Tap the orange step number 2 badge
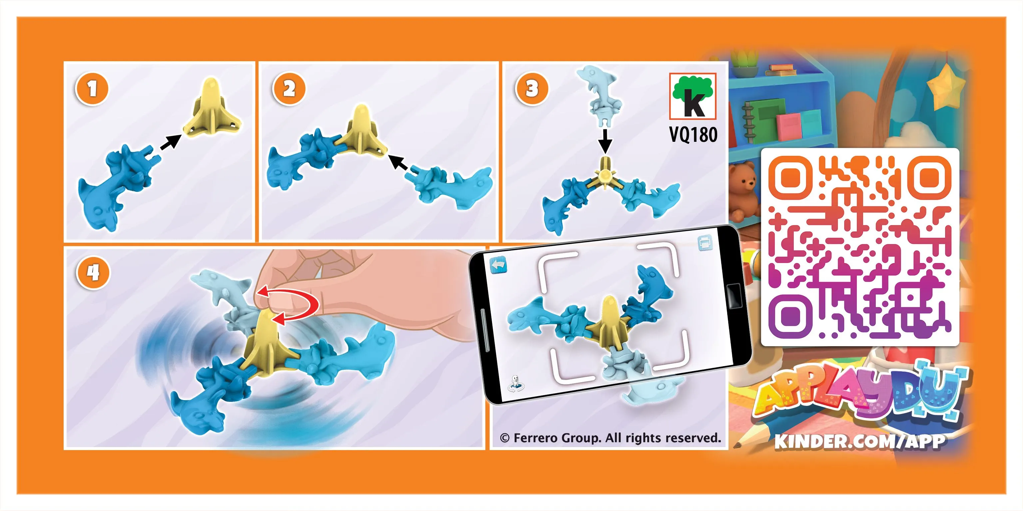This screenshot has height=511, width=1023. point(289,89)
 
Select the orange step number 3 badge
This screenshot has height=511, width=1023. point(532,89)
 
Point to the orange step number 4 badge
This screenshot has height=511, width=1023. point(93,273)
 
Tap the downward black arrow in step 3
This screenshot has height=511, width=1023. point(605,141)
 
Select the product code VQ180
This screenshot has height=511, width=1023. point(694,134)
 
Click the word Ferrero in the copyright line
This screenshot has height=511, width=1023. point(536,438)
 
